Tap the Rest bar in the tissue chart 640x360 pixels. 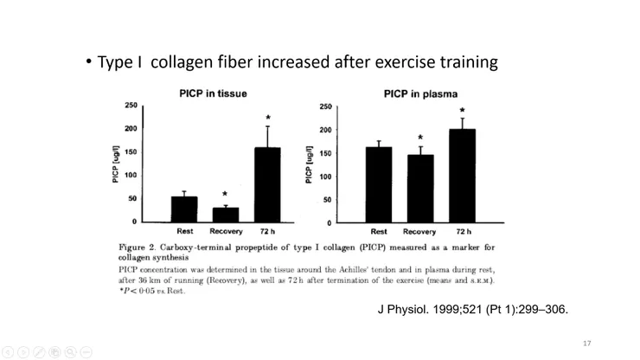[184, 209]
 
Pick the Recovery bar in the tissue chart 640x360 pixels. [226, 215]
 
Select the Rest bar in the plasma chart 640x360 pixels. [379, 184]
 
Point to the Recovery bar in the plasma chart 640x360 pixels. [420, 189]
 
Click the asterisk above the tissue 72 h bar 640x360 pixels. [268, 118]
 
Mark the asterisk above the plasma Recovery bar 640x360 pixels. [420, 138]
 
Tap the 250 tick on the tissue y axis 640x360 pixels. [131, 106]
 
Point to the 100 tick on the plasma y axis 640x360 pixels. [326, 177]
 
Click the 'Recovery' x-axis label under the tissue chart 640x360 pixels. [226, 231]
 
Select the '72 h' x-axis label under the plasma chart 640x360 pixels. [463, 232]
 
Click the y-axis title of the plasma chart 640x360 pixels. [309, 164]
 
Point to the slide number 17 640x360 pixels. [587, 344]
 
